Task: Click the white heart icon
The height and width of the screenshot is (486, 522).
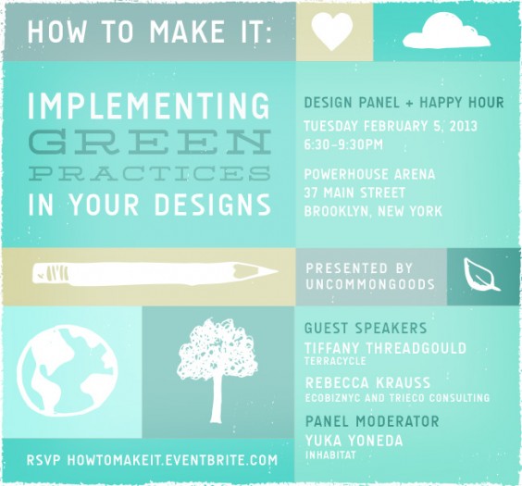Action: point(333,31)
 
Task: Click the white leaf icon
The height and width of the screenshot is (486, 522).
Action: point(482,275)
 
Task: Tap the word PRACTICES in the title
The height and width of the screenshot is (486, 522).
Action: point(150,173)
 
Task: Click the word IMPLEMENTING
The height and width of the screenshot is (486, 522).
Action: point(150,109)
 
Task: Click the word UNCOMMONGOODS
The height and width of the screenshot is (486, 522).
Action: point(370,284)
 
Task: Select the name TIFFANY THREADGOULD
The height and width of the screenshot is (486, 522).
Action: point(385,348)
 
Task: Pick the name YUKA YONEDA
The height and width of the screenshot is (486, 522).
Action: point(354,441)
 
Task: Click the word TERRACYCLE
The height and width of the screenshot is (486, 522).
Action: point(334,362)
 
